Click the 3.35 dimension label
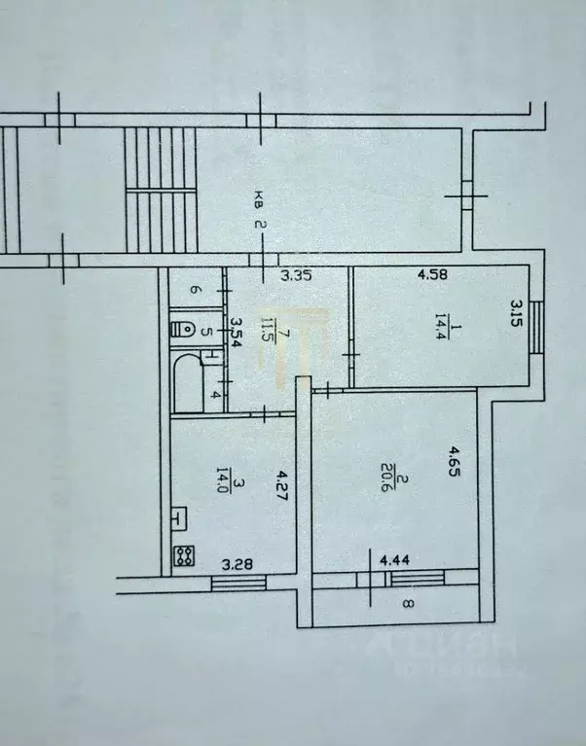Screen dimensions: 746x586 tap(295, 276)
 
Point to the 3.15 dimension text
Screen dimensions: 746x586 tap(516, 316)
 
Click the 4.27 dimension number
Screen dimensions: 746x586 tap(282, 484)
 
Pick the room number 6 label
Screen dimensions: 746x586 tap(194, 289)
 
